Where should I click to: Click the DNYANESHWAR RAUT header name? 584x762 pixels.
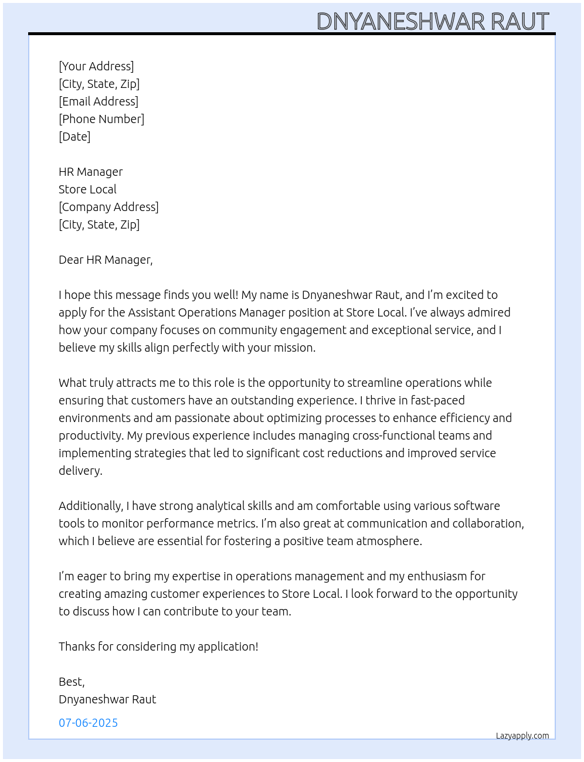pos(433,22)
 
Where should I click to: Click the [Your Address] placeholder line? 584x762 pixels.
pos(96,66)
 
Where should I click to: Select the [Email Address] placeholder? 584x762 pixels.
pos(99,101)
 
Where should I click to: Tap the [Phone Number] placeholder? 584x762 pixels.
pos(101,119)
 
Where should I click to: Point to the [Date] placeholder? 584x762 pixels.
pos(74,137)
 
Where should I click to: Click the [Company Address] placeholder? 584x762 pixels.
pos(108,207)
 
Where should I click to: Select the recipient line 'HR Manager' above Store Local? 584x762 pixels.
pos(90,172)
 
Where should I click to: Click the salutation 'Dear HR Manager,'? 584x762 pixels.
pos(106,260)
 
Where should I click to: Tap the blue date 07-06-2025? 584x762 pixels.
pos(88,723)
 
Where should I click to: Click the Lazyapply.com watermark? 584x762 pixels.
pos(522,736)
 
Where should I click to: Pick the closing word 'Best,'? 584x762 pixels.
pos(72,682)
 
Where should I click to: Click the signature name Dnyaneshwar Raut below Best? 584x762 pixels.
pos(107,699)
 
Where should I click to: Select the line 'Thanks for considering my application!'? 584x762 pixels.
pos(158,647)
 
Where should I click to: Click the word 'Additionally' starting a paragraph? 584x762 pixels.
pos(91,506)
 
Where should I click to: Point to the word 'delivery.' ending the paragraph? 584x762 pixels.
pos(80,471)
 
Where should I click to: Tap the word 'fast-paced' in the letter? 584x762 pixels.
pos(437,400)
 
